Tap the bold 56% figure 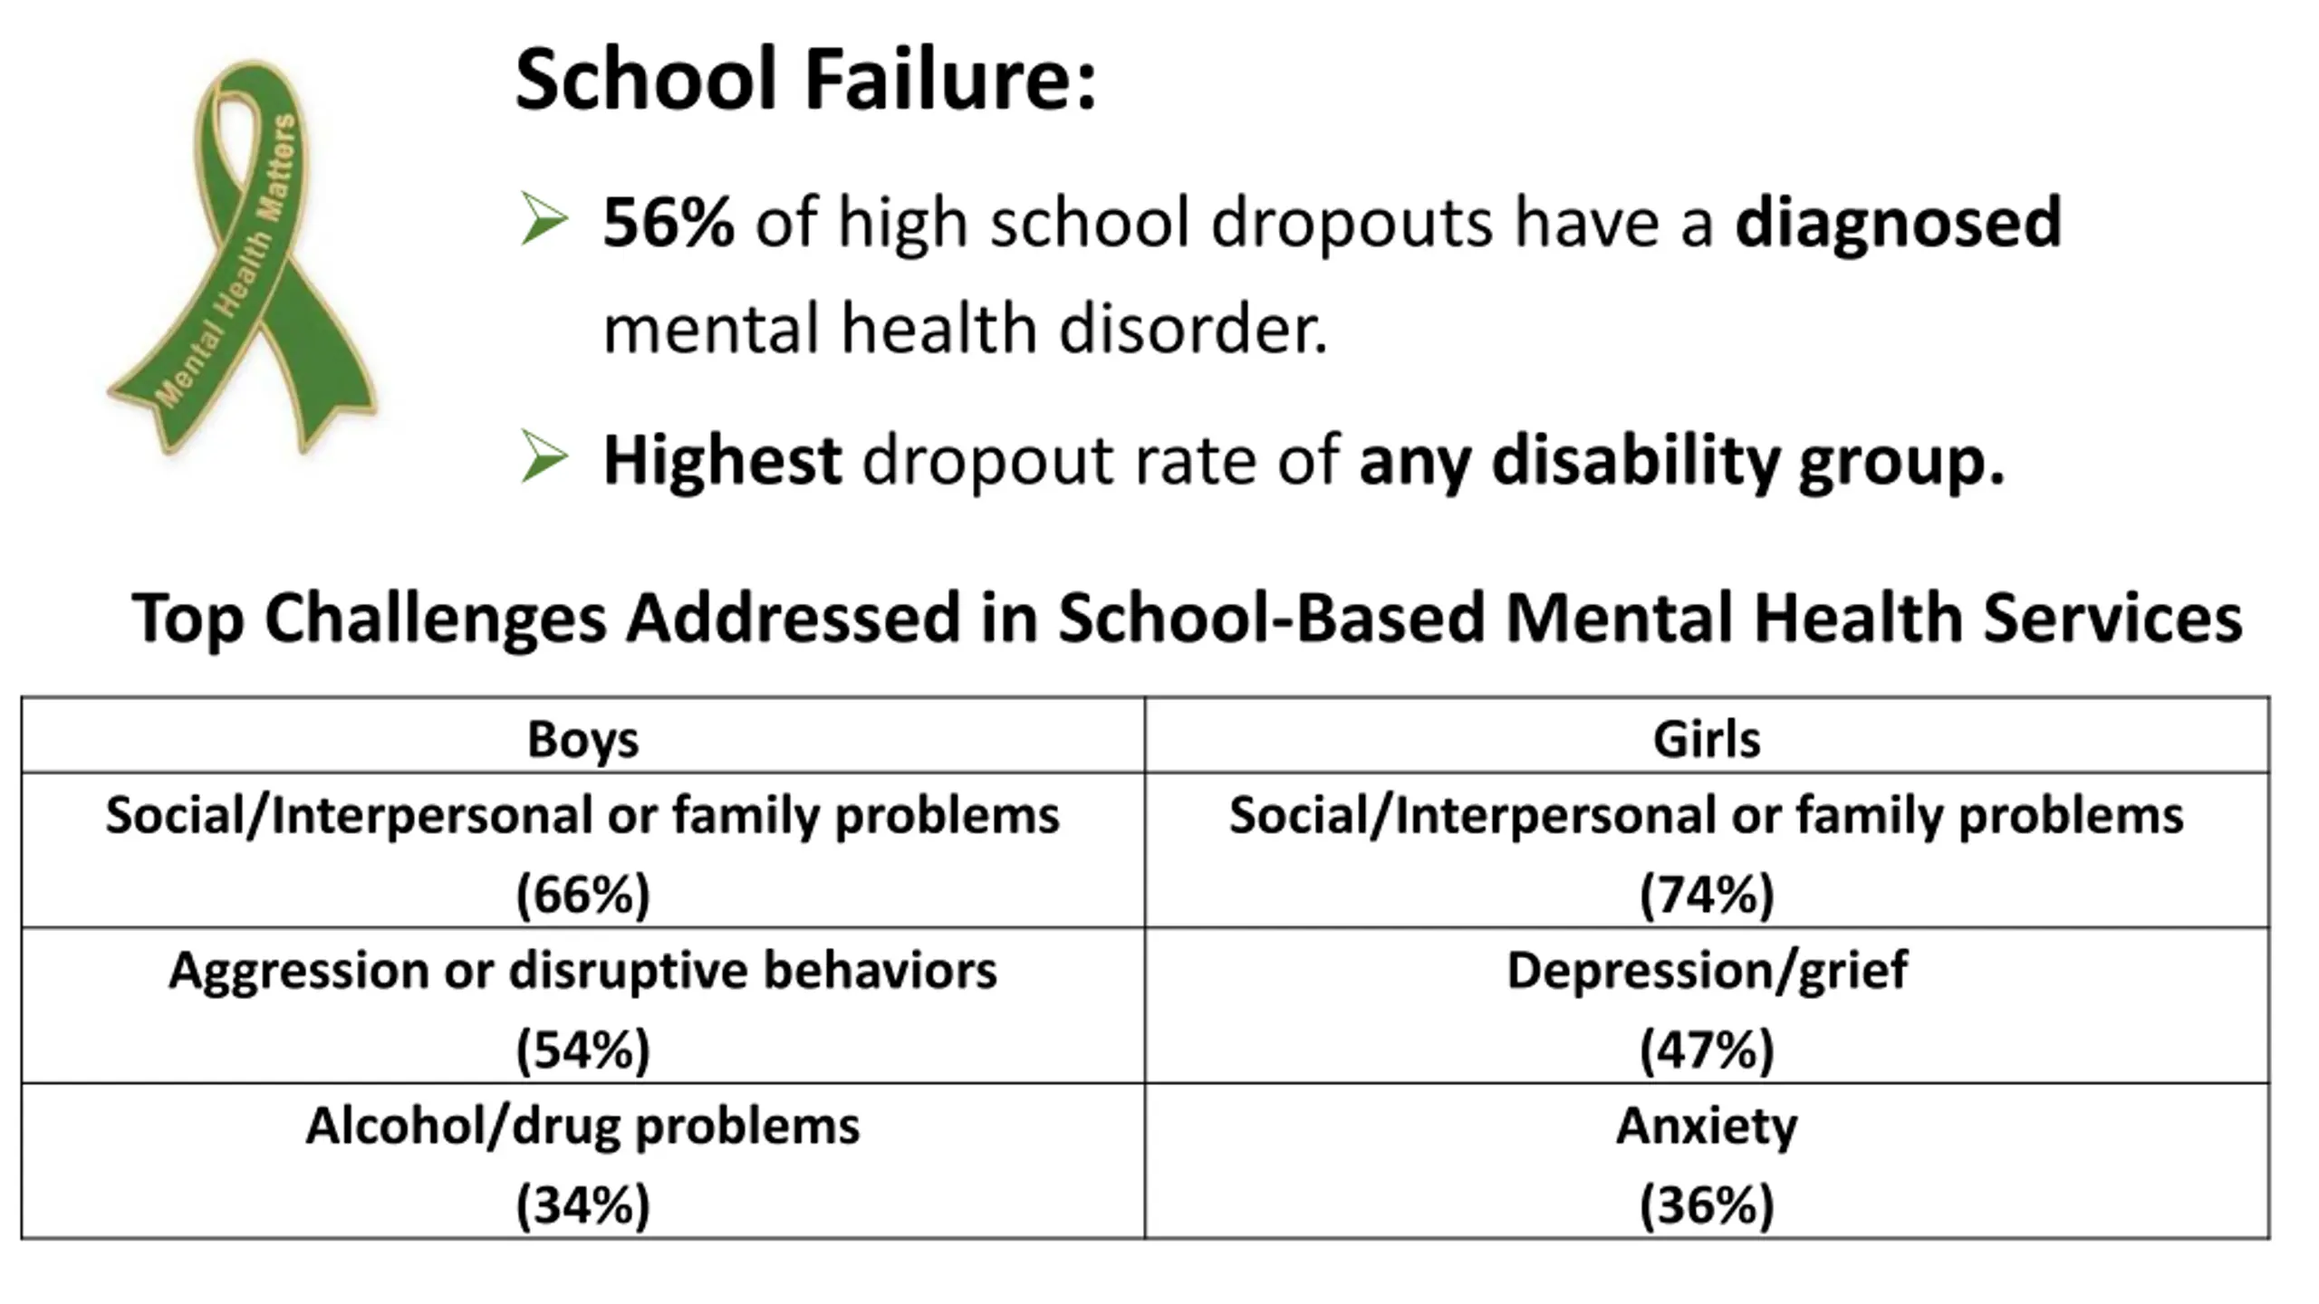(x=668, y=222)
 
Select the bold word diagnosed (x=1898, y=222)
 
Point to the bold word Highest (x=722, y=461)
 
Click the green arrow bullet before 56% (x=544, y=220)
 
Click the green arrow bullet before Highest (x=544, y=457)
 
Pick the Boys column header (x=582, y=739)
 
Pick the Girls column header (x=1707, y=739)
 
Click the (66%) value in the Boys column (x=582, y=895)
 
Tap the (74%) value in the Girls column (x=1707, y=895)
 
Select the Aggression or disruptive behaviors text (x=582, y=971)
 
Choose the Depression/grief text (x=1707, y=971)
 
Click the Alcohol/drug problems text (x=582, y=1127)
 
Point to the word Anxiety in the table (x=1707, y=1127)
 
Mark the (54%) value (x=582, y=1050)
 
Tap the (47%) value (x=1707, y=1050)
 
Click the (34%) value (x=582, y=1205)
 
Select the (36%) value (x=1707, y=1205)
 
